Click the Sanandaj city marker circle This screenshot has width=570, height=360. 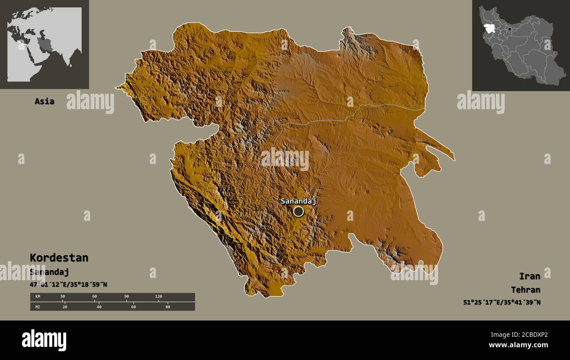pyautogui.click(x=299, y=212)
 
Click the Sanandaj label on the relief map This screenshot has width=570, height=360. pyautogui.click(x=298, y=201)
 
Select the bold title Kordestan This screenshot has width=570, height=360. pyautogui.click(x=59, y=257)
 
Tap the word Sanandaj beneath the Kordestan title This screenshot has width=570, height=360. pyautogui.click(x=49, y=272)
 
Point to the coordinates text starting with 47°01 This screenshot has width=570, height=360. pyautogui.click(x=68, y=285)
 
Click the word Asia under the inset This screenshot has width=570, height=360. pyautogui.click(x=44, y=101)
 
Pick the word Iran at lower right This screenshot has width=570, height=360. pyautogui.click(x=529, y=276)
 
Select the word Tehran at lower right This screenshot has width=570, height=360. pyautogui.click(x=525, y=290)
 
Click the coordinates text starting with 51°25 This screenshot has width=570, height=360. pyautogui.click(x=502, y=302)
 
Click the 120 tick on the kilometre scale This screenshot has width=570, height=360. pyautogui.click(x=158, y=297)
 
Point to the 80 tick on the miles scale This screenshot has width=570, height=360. pyautogui.click(x=167, y=307)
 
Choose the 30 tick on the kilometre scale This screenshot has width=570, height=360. pyautogui.click(x=62, y=297)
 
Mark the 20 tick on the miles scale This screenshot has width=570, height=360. pyautogui.click(x=64, y=307)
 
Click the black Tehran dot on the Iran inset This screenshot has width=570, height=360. pyautogui.click(x=509, y=29)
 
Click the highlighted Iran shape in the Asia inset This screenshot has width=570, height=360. pyautogui.click(x=43, y=44)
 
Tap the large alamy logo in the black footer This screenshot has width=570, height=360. pyautogui.click(x=44, y=340)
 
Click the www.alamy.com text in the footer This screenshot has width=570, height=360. pyautogui.click(x=518, y=345)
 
